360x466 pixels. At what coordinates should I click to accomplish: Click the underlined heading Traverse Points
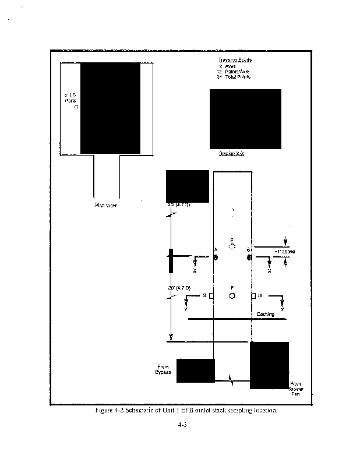[235, 60]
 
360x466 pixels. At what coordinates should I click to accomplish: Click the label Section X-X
[231, 154]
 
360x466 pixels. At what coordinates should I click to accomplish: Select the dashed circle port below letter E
[232, 246]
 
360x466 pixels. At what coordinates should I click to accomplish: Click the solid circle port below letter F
[232, 296]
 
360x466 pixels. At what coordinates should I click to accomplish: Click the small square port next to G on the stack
[211, 296]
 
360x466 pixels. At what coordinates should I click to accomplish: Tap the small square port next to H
[253, 296]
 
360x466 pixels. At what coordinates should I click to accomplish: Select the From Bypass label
[163, 369]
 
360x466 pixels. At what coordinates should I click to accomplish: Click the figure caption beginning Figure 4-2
[182, 411]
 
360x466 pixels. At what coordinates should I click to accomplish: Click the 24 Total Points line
[233, 77]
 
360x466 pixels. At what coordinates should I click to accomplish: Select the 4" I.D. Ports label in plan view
[70, 101]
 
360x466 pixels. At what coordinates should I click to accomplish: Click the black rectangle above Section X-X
[245, 119]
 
